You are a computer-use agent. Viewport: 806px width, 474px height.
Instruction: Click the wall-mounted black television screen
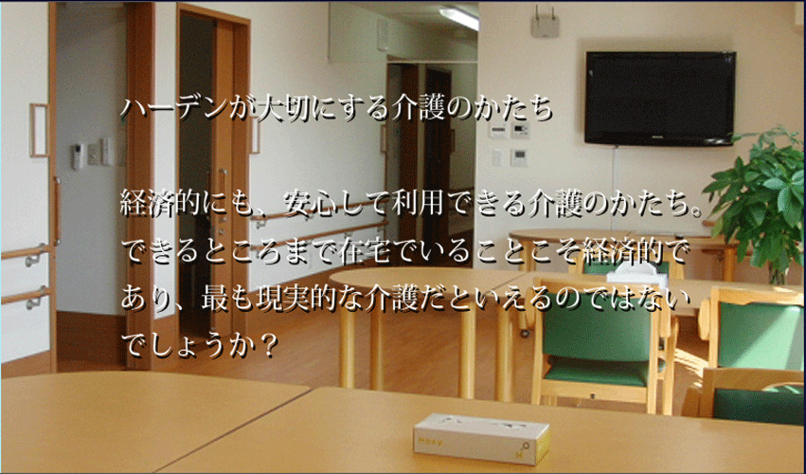click(x=660, y=98)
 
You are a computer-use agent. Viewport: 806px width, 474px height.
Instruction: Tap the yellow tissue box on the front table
click(x=482, y=439)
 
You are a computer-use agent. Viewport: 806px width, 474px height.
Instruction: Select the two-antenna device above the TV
click(x=545, y=22)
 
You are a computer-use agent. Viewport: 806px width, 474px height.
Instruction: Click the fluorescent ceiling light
click(x=459, y=18)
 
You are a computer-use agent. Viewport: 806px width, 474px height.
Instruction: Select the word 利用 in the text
click(x=417, y=203)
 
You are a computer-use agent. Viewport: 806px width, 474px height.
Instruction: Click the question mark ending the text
click(x=266, y=346)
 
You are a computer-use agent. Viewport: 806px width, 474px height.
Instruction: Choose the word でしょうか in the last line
click(x=188, y=346)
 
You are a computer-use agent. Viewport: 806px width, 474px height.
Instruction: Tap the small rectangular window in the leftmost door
click(x=39, y=130)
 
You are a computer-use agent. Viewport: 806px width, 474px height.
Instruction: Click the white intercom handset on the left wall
click(x=77, y=156)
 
